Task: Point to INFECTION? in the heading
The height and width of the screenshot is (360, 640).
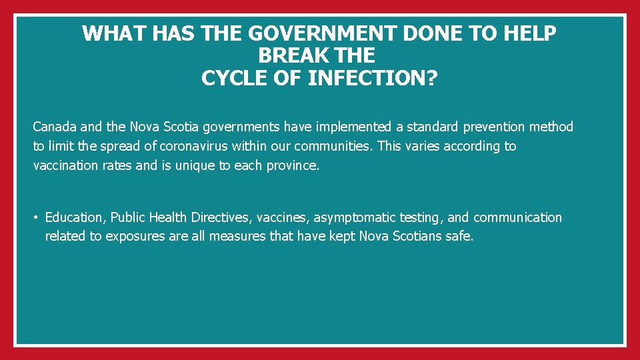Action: click(x=373, y=78)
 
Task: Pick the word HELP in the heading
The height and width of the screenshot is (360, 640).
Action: click(x=529, y=33)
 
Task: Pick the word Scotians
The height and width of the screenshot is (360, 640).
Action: click(x=417, y=236)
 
